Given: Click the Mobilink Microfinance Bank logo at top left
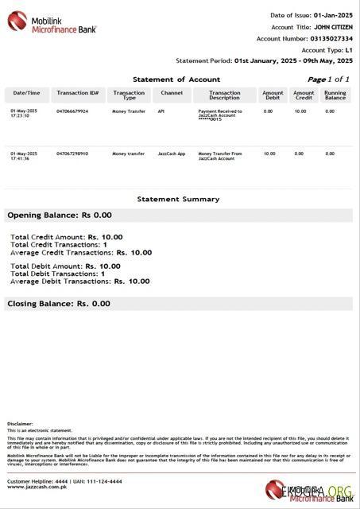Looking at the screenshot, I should click(x=52, y=22).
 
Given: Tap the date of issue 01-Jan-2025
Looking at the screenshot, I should click(x=333, y=15).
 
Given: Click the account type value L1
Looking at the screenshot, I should click(x=348, y=49).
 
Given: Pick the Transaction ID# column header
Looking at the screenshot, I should click(x=77, y=93).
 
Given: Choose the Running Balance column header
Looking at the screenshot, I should click(x=335, y=95).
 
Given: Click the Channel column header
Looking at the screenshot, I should click(x=172, y=93).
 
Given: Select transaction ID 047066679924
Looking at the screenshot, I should click(x=72, y=111).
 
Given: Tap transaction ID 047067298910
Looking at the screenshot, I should click(x=72, y=153).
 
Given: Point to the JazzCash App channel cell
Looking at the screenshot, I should click(x=172, y=153).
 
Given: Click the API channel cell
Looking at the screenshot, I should click(x=161, y=111).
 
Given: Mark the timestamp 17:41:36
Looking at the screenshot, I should click(x=20, y=158).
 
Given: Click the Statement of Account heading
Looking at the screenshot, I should click(x=176, y=80).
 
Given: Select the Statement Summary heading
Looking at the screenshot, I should click(x=178, y=199).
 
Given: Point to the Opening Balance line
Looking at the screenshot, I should click(x=60, y=215).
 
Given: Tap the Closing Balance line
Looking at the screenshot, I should click(x=59, y=304).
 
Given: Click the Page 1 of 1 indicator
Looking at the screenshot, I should click(x=328, y=80).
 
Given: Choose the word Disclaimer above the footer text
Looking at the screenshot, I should click(x=20, y=424).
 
